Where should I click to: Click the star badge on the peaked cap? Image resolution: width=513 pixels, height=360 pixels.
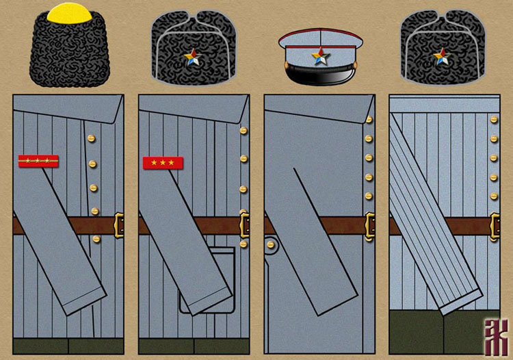pos(319,56)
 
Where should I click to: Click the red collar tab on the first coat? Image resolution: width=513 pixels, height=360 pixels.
pos(38,162)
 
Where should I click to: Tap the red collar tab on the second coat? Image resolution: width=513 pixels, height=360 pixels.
pos(163,163)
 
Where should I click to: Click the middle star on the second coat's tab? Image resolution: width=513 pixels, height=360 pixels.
pos(163,163)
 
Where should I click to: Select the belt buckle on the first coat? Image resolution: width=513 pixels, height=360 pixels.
pos(120,225)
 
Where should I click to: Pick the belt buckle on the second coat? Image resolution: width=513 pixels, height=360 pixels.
pos(245,225)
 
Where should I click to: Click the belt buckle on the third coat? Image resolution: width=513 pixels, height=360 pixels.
pos(370,226)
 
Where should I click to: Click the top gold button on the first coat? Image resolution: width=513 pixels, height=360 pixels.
pos(90,139)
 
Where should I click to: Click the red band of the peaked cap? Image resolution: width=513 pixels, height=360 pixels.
pos(319,34)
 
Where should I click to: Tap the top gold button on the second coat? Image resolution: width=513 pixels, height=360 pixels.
pos(243,130)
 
